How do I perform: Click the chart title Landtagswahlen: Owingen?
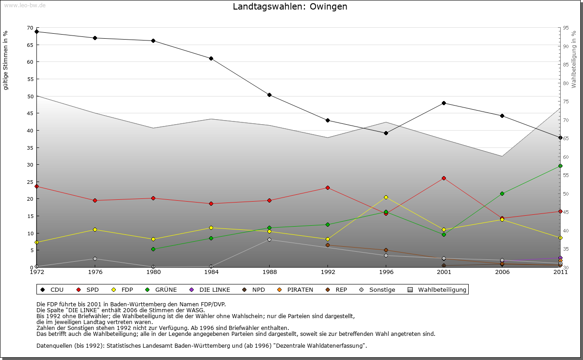(290, 7)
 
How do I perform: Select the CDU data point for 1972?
(36, 32)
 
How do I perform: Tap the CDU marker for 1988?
(270, 95)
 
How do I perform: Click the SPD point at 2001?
(444, 178)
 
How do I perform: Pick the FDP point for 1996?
(386, 197)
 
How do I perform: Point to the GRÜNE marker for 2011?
(560, 166)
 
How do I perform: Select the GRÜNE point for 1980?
(153, 249)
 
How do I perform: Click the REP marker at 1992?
(327, 245)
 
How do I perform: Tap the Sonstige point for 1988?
(270, 239)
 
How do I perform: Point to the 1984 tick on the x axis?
(211, 272)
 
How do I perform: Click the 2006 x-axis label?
(502, 272)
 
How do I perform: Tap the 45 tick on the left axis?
(30, 113)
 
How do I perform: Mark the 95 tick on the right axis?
(566, 28)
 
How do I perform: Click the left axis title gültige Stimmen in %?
(6, 60)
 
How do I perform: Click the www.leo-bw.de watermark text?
(25, 5)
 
